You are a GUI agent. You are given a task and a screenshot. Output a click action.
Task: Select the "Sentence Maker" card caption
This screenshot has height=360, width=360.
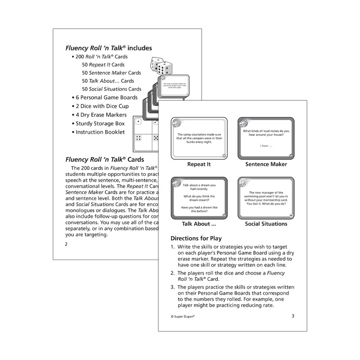point(266,164)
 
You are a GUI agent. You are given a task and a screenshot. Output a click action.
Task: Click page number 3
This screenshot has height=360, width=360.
point(292,315)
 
